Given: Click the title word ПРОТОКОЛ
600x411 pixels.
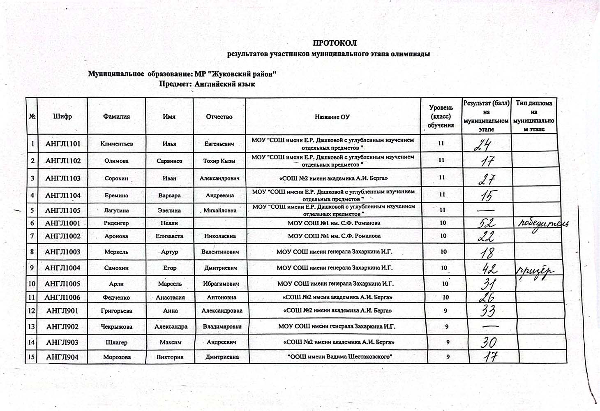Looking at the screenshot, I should click(335, 43).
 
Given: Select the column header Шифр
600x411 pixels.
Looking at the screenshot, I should click(62, 116).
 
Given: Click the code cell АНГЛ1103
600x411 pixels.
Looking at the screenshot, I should click(63, 178).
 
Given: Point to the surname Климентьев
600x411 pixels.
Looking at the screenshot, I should click(117, 144).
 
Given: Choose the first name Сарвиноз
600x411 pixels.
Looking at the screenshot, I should click(169, 161).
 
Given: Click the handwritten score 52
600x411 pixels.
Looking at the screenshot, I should click(487, 224).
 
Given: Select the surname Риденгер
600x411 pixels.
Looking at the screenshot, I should click(116, 223).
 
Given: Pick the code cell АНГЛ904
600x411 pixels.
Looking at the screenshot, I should click(62, 357).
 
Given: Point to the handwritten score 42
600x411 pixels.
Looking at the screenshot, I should click(489, 269).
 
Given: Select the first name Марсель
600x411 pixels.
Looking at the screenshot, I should click(170, 284).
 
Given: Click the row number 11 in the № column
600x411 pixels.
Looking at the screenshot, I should click(32, 297).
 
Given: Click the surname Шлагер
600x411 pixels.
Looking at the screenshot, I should click(117, 342).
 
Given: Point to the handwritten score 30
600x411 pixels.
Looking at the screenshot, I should click(489, 342).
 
